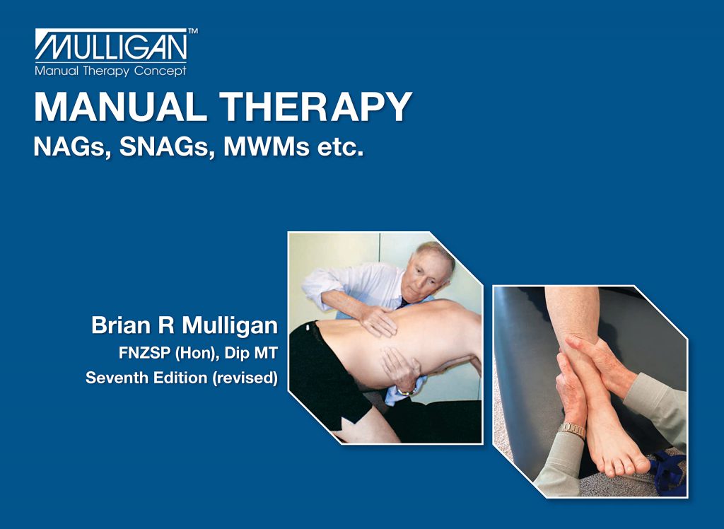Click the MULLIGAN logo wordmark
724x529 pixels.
click(x=111, y=47)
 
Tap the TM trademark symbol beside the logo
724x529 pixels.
click(x=193, y=32)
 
